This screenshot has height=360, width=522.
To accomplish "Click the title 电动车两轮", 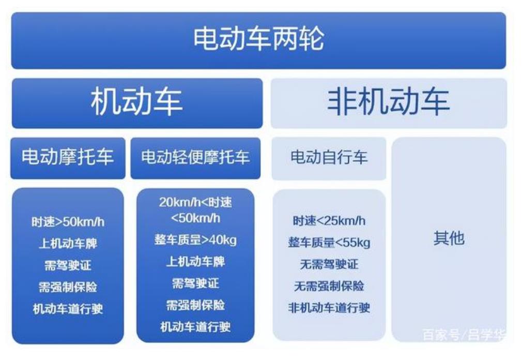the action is pos(258,38).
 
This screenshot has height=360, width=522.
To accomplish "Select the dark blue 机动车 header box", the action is pos(137,103).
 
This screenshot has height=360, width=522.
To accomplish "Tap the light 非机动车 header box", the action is pos(389,103).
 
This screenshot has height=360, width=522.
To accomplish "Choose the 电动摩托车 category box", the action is pos(68,158).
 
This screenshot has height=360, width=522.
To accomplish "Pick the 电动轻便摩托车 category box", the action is pos(195,158).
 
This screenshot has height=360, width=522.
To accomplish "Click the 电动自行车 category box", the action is pos(329,158).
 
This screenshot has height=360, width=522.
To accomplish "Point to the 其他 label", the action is pos(449,238).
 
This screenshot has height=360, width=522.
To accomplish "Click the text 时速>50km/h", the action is pos(68,222).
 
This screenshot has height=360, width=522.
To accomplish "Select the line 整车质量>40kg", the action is pos(195,240).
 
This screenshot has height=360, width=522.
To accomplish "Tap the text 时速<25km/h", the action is pos(329,221).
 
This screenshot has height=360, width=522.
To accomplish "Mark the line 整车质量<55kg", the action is pos(329,243).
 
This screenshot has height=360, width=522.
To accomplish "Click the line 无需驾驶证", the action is pos(329,264).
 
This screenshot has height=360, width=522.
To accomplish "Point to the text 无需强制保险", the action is pos(329,286).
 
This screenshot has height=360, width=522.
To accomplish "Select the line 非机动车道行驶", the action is pos(329,308).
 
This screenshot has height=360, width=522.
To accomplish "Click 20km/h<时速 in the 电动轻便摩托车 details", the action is pos(195,202).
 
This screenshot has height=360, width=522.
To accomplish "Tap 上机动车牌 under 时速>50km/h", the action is pos(68,244).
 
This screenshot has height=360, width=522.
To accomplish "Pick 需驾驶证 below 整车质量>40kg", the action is pos(195,283).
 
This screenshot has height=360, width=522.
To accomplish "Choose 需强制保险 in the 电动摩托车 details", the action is pos(68,287).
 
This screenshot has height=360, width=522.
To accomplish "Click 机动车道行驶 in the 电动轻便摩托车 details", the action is pos(195,327).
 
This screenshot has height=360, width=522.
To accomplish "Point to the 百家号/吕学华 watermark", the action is pos(464,334).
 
